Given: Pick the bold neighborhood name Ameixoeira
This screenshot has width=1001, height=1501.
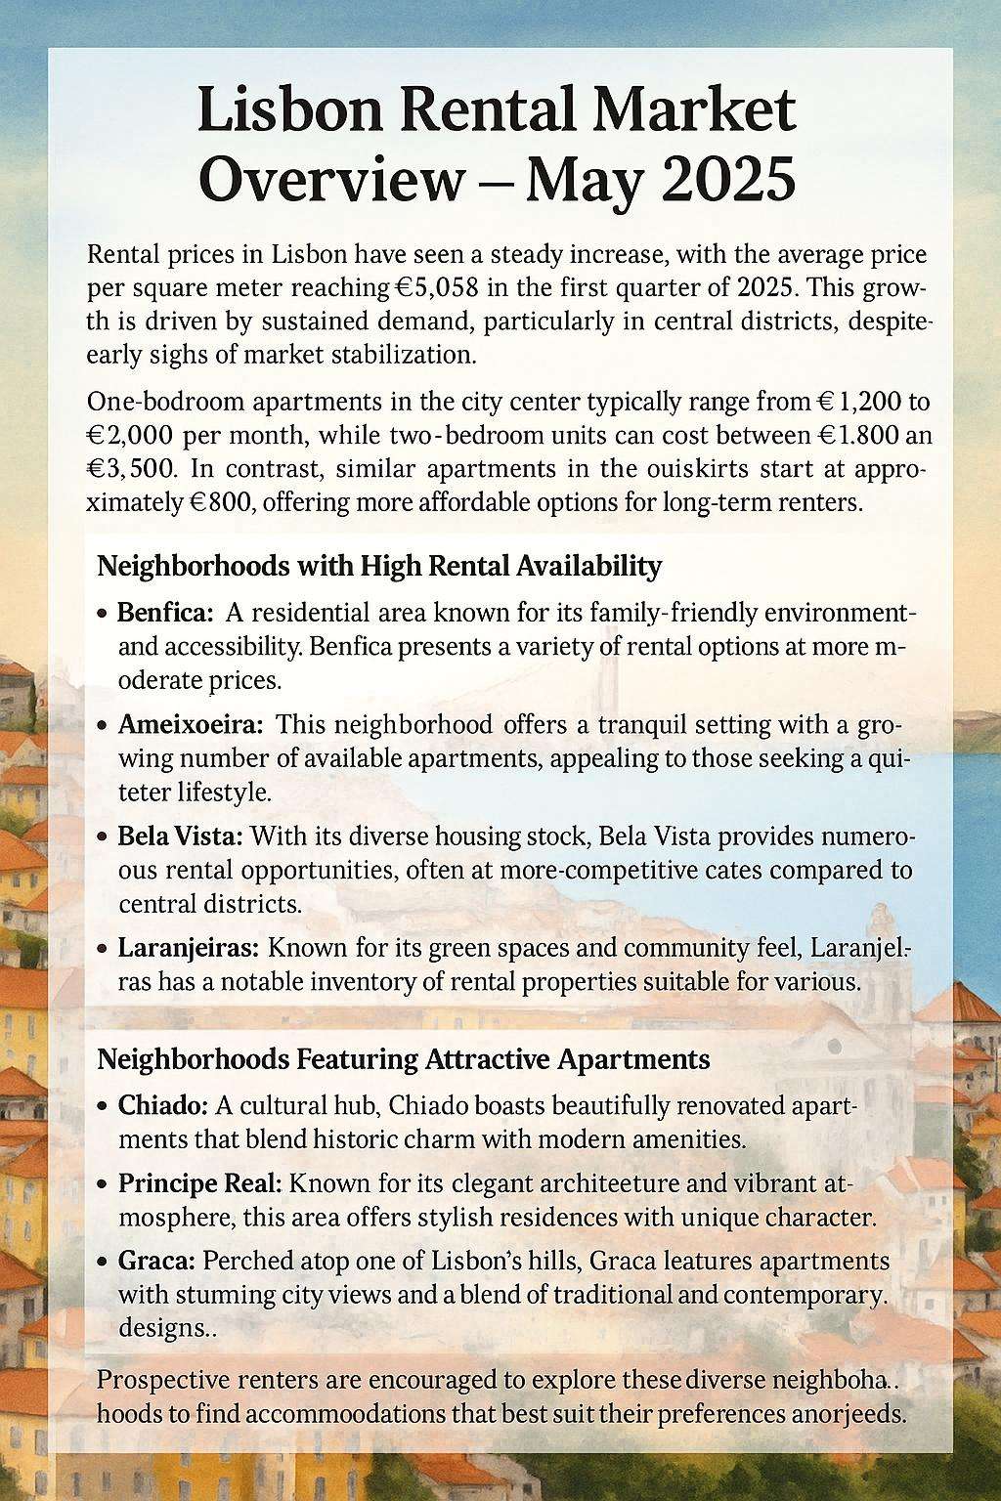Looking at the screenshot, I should click(x=191, y=725).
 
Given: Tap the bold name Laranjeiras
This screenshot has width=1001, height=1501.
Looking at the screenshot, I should click(x=189, y=948).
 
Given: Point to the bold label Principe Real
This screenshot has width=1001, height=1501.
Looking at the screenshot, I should click(x=199, y=1182).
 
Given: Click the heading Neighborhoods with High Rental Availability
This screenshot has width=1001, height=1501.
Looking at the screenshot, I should click(x=380, y=566).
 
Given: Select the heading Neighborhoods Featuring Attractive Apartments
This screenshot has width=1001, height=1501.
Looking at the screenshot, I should click(x=404, y=1058).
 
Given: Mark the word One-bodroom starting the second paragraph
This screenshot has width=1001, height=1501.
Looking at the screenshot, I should click(x=154, y=401).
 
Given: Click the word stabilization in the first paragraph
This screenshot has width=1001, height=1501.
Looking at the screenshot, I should click(x=402, y=354).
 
